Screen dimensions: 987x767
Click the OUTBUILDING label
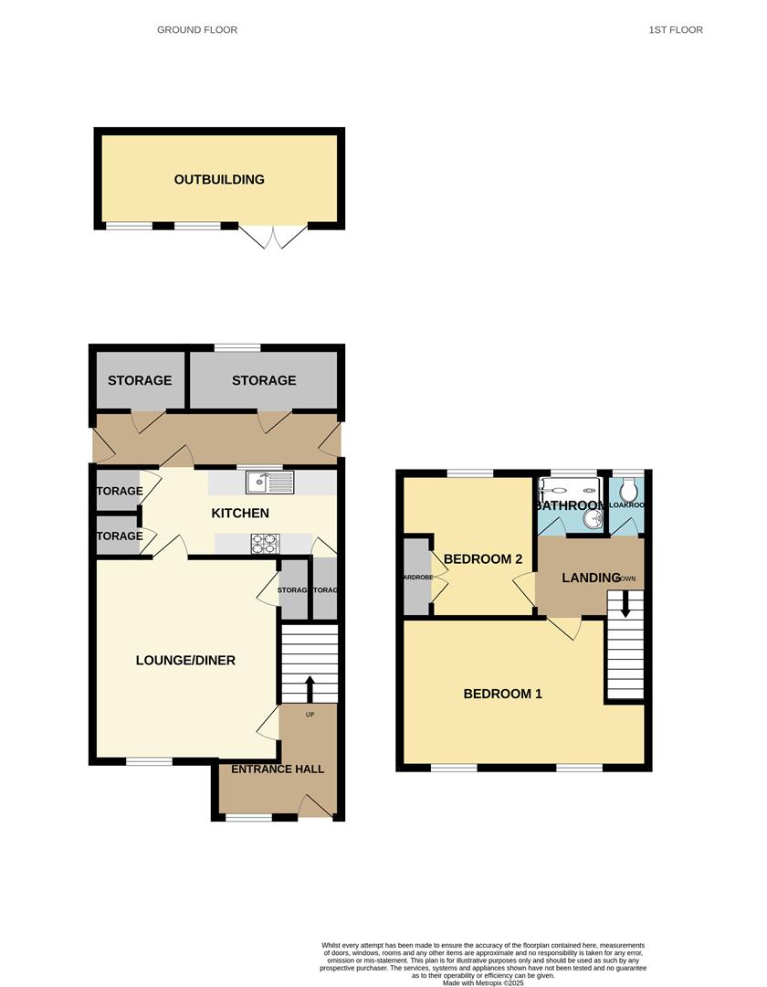click(x=219, y=179)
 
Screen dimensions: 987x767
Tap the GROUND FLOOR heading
click(x=197, y=30)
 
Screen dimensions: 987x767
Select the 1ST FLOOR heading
click(x=676, y=30)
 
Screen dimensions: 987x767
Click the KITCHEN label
click(x=240, y=514)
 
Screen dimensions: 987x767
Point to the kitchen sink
click(x=269, y=482)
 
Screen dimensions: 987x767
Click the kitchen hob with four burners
click(x=265, y=544)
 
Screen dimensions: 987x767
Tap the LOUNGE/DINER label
click(x=185, y=661)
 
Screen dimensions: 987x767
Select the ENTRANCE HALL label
click(x=278, y=769)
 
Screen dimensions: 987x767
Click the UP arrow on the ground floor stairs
click(x=310, y=687)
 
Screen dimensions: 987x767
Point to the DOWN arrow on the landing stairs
click(x=625, y=604)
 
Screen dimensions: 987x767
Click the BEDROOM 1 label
click(x=503, y=694)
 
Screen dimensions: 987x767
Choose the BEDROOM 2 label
click(x=483, y=559)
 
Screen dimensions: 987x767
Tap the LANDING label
click(x=591, y=578)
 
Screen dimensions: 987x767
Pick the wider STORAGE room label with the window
click(x=264, y=380)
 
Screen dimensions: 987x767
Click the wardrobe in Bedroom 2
click(x=417, y=577)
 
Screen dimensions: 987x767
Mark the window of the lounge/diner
click(x=149, y=761)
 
